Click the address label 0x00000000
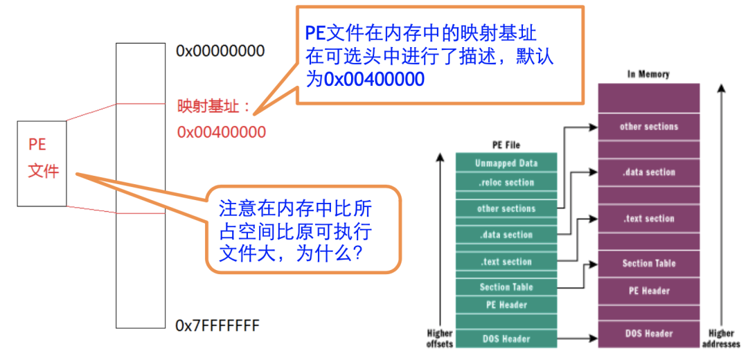click(x=220, y=51)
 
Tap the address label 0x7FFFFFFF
click(x=217, y=324)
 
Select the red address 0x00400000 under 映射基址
click(x=221, y=132)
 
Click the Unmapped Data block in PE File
click(x=506, y=163)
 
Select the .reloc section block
click(x=506, y=183)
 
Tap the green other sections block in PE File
click(x=506, y=208)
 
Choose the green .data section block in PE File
click(x=506, y=235)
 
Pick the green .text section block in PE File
click(x=506, y=262)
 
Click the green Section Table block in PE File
click(x=506, y=287)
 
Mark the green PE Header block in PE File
click(x=506, y=305)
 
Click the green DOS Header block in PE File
click(x=506, y=339)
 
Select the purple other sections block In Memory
click(x=649, y=127)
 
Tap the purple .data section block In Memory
click(x=649, y=172)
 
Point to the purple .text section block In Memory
click(x=649, y=219)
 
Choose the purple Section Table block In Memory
click(x=649, y=263)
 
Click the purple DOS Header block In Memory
click(x=649, y=333)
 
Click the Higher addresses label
click(x=722, y=337)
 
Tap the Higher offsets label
click(x=440, y=338)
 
